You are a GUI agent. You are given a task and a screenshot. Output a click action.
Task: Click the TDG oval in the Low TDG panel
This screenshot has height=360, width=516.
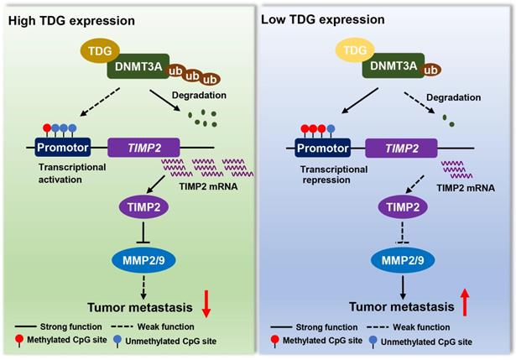click(353, 50)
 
